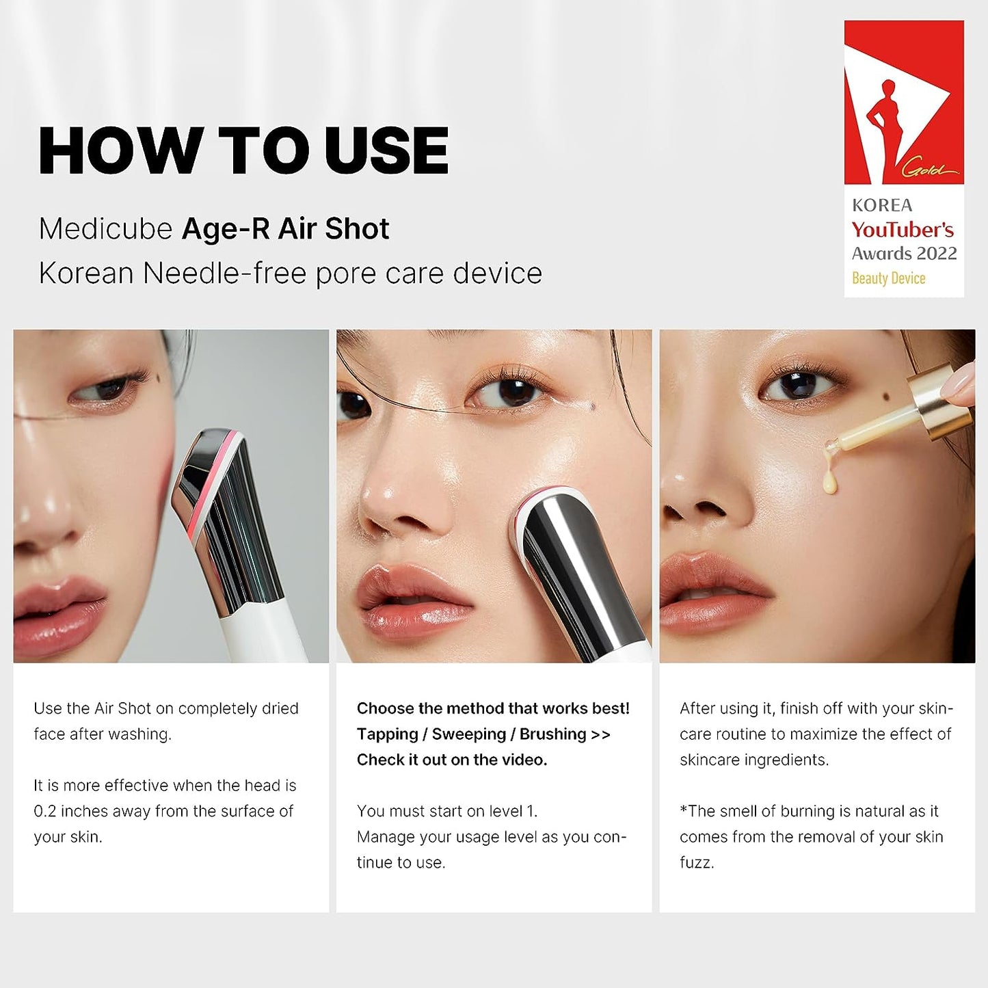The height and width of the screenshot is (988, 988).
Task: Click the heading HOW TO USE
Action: (243, 151)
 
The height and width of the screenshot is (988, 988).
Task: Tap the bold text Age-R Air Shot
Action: (285, 229)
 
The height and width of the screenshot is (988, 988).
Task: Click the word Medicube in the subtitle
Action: (105, 229)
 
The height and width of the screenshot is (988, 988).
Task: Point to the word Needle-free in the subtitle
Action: (224, 273)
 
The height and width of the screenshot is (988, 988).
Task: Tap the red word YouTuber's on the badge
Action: (903, 230)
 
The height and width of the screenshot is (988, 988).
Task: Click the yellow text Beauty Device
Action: (888, 278)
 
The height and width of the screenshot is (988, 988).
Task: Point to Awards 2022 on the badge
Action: (904, 254)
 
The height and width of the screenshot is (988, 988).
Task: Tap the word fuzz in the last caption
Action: (696, 863)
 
